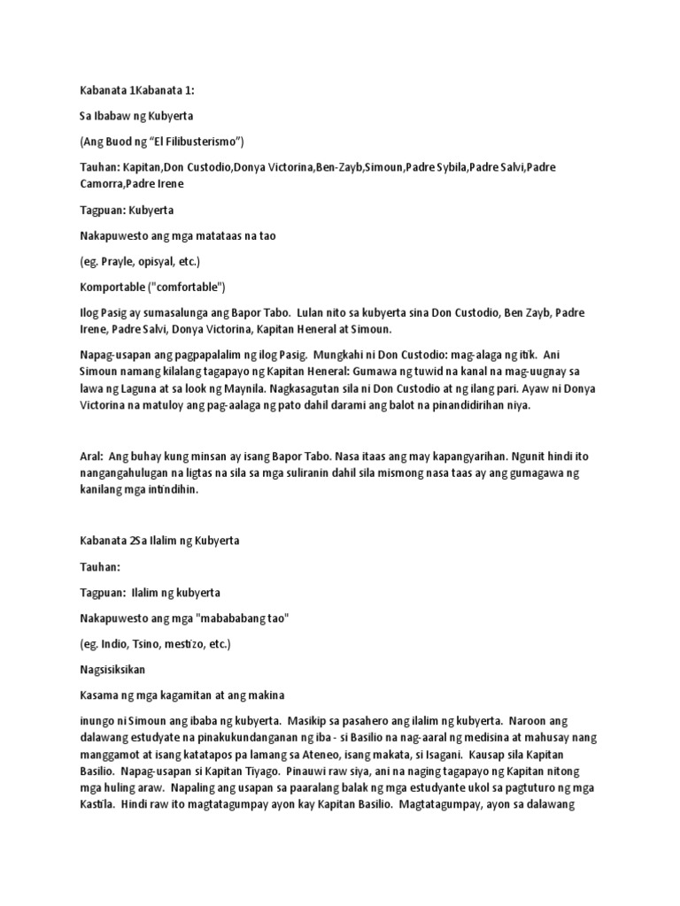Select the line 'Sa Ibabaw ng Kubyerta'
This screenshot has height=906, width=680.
point(138,116)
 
